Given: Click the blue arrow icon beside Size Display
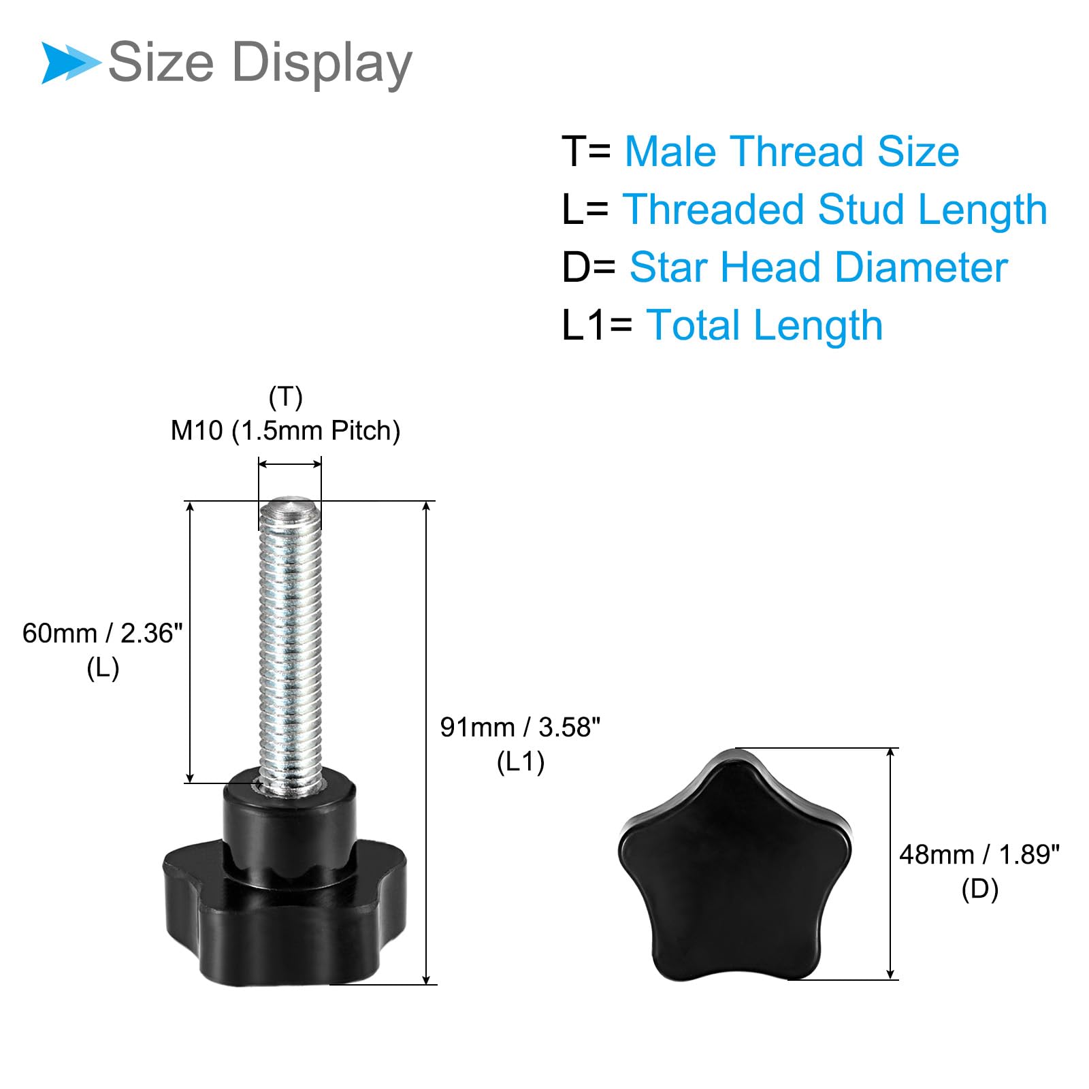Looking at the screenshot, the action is click(x=71, y=63).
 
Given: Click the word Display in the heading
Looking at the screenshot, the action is click(x=322, y=63).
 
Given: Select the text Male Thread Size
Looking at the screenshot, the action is click(x=792, y=151).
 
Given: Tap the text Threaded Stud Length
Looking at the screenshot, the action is click(x=834, y=209).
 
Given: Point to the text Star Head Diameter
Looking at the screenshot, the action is click(x=818, y=267).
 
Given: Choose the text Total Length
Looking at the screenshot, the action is click(x=764, y=325).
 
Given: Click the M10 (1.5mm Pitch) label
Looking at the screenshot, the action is click(x=285, y=431).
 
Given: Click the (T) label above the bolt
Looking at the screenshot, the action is click(x=286, y=397).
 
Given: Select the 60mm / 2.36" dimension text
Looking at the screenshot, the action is click(x=103, y=634).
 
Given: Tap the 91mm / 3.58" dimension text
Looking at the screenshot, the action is click(x=521, y=728).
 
